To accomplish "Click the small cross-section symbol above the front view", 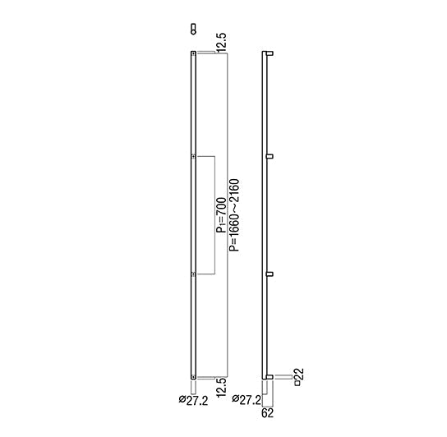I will [193, 30].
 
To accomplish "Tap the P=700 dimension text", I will [220, 215].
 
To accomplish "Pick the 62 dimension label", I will [268, 412].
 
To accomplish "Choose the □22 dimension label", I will [299, 378].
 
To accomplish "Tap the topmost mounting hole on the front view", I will [193, 55].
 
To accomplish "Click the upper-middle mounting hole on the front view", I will [193, 156].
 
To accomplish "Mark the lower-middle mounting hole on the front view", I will [193, 274].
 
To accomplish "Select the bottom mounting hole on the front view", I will [193, 376].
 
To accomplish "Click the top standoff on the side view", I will [269, 54].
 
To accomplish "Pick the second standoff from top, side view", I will [269, 155].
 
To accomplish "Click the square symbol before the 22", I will [299, 384].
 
